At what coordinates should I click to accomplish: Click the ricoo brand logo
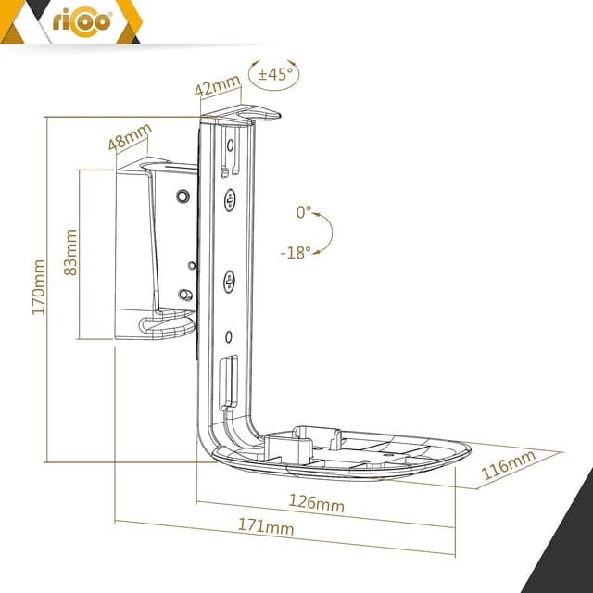82,23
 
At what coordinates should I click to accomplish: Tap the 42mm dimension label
218,84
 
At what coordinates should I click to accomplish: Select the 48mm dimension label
130,137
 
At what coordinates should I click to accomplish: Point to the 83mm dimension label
70,252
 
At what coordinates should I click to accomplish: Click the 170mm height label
38,287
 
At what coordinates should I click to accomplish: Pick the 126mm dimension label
316,503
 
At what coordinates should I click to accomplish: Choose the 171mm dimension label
266,526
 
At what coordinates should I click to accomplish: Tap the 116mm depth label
508,465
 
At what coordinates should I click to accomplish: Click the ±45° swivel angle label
275,74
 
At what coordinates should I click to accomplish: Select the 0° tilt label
303,212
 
